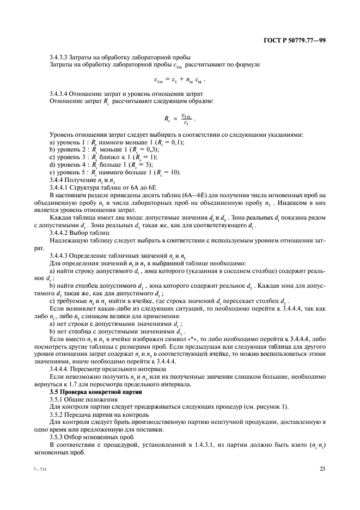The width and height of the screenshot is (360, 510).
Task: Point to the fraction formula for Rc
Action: (x=179, y=118)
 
